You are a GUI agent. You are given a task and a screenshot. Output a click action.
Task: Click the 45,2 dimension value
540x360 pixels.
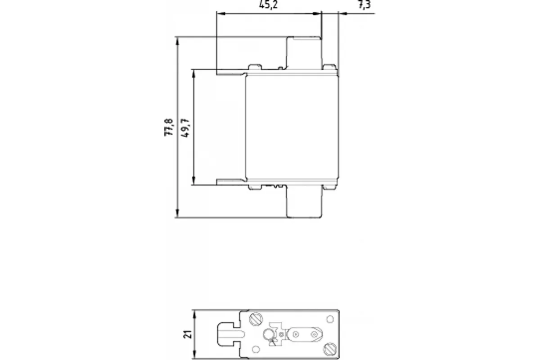[x=268, y=5]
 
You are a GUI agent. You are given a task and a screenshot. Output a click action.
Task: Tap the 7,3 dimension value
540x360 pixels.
[x=364, y=5]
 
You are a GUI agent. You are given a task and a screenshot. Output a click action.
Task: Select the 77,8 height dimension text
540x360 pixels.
[x=168, y=127]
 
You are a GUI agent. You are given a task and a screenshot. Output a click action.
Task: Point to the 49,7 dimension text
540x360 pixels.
[x=185, y=128]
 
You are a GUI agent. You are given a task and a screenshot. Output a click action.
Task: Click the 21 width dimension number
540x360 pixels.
[x=188, y=334]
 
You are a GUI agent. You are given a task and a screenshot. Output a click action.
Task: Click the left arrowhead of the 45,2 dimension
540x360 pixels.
[x=221, y=13]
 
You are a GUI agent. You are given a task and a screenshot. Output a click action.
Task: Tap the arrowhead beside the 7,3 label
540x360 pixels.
[x=343, y=13]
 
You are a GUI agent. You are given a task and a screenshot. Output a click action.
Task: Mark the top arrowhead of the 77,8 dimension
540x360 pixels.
[x=177, y=41]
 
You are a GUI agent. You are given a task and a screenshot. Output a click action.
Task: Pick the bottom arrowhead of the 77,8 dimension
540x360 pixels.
[x=177, y=213]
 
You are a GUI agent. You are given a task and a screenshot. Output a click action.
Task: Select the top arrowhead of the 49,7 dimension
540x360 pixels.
[x=194, y=74]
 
